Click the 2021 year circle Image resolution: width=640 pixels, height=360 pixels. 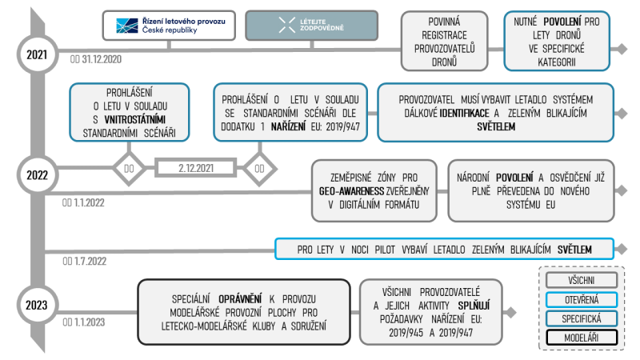pos(38,54)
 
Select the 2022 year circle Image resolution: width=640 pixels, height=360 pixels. pos(38,175)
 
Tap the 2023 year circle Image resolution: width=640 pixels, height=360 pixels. pos(38,305)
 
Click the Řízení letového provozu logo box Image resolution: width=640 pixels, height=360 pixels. pos(169,26)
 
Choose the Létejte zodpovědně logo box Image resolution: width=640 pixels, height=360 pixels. pos(311,26)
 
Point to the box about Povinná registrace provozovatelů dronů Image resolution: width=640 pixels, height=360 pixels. pos(444,42)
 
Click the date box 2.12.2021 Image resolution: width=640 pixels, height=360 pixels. pos(196,168)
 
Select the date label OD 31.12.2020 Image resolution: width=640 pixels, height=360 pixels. pos(95,59)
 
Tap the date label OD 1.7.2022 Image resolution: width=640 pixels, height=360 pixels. pos(85,262)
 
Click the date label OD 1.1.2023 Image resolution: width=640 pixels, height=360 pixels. pos(84,322)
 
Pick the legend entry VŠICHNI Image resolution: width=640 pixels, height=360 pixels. pos(582,281)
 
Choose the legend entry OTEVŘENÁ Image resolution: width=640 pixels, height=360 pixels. pos(582,300)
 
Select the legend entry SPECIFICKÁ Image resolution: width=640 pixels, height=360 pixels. pos(582,318)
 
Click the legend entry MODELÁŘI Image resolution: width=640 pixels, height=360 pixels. pos(582,338)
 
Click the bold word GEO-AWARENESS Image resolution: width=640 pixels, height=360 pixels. pos(351,191)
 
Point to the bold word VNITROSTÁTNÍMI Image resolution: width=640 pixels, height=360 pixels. pos(135,119)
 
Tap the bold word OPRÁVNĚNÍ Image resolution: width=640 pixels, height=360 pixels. pos(240,299)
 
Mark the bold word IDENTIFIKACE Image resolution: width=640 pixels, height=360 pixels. pos(464,113)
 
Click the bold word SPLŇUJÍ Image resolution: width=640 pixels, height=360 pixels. pos(474,306)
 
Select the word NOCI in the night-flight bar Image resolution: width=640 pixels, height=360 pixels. pos(359,250)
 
